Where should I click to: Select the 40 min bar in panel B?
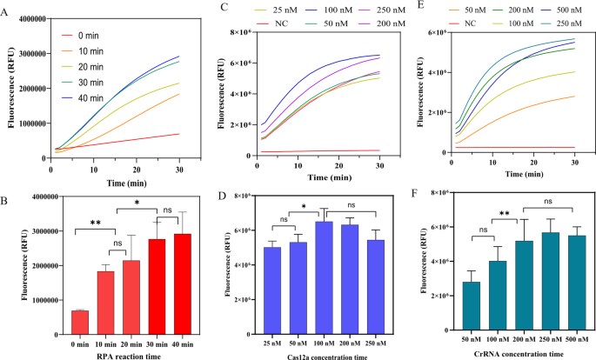pyautogui.click(x=184, y=287)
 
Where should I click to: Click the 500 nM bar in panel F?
pyautogui.click(x=573, y=286)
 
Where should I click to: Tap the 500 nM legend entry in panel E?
pyautogui.click(x=555, y=10)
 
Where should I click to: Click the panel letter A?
pyautogui.click(x=7, y=8)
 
